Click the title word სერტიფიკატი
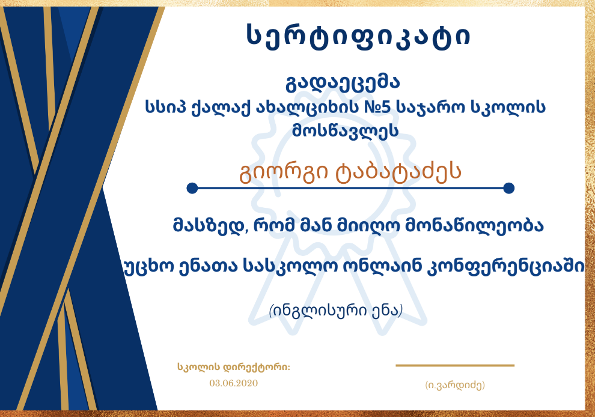(x=359, y=37)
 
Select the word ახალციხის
(x=307, y=108)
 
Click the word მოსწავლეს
(x=346, y=131)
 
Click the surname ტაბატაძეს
(x=398, y=172)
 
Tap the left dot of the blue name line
(x=192, y=188)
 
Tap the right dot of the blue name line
(x=508, y=188)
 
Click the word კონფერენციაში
(x=505, y=267)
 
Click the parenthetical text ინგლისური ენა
(x=335, y=311)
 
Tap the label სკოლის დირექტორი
(x=233, y=367)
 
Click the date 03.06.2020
(x=233, y=383)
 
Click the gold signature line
(x=455, y=365)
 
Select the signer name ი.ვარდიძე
(x=455, y=385)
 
